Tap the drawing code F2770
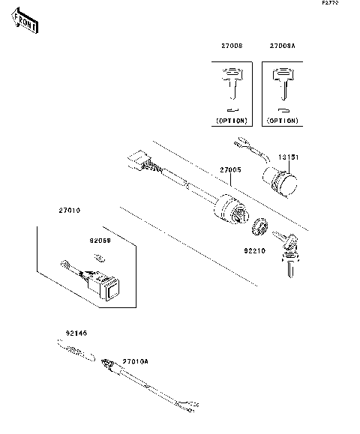click(331, 4)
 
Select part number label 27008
click(232, 46)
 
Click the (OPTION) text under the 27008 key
click(232, 121)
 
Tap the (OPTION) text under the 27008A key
click(283, 121)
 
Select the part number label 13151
click(289, 158)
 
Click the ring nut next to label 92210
click(260, 224)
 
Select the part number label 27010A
click(136, 361)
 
